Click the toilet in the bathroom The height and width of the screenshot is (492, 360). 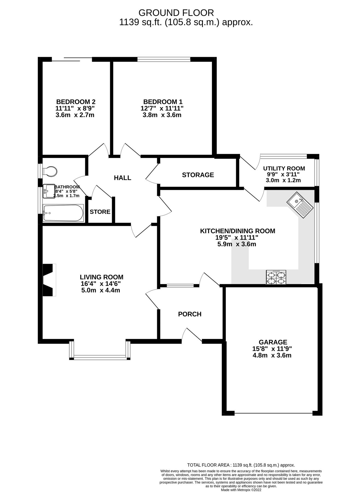pyautogui.click(x=50, y=172)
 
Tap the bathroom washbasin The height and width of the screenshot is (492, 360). pyautogui.click(x=49, y=191)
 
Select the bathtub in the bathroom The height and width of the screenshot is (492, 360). pyautogui.click(x=63, y=213)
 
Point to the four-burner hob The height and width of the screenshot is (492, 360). pyautogui.click(x=276, y=277)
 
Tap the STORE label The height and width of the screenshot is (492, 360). pyautogui.click(x=100, y=212)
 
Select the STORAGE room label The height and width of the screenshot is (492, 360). pyautogui.click(x=198, y=175)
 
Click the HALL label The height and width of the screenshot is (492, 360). pyautogui.click(x=122, y=178)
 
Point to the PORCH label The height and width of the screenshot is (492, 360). pyautogui.click(x=190, y=314)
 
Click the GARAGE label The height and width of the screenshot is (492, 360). pyautogui.click(x=273, y=342)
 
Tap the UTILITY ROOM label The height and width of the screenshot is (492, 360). pyautogui.click(x=284, y=168)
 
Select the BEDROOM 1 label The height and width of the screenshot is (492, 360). pyautogui.click(x=162, y=102)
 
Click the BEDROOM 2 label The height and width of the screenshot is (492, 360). pyautogui.click(x=75, y=102)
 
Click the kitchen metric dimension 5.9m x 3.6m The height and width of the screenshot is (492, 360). pyautogui.click(x=237, y=244)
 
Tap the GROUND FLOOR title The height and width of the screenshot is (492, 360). pyautogui.click(x=176, y=13)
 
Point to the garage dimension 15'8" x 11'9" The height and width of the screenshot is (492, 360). pyautogui.click(x=272, y=349)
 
